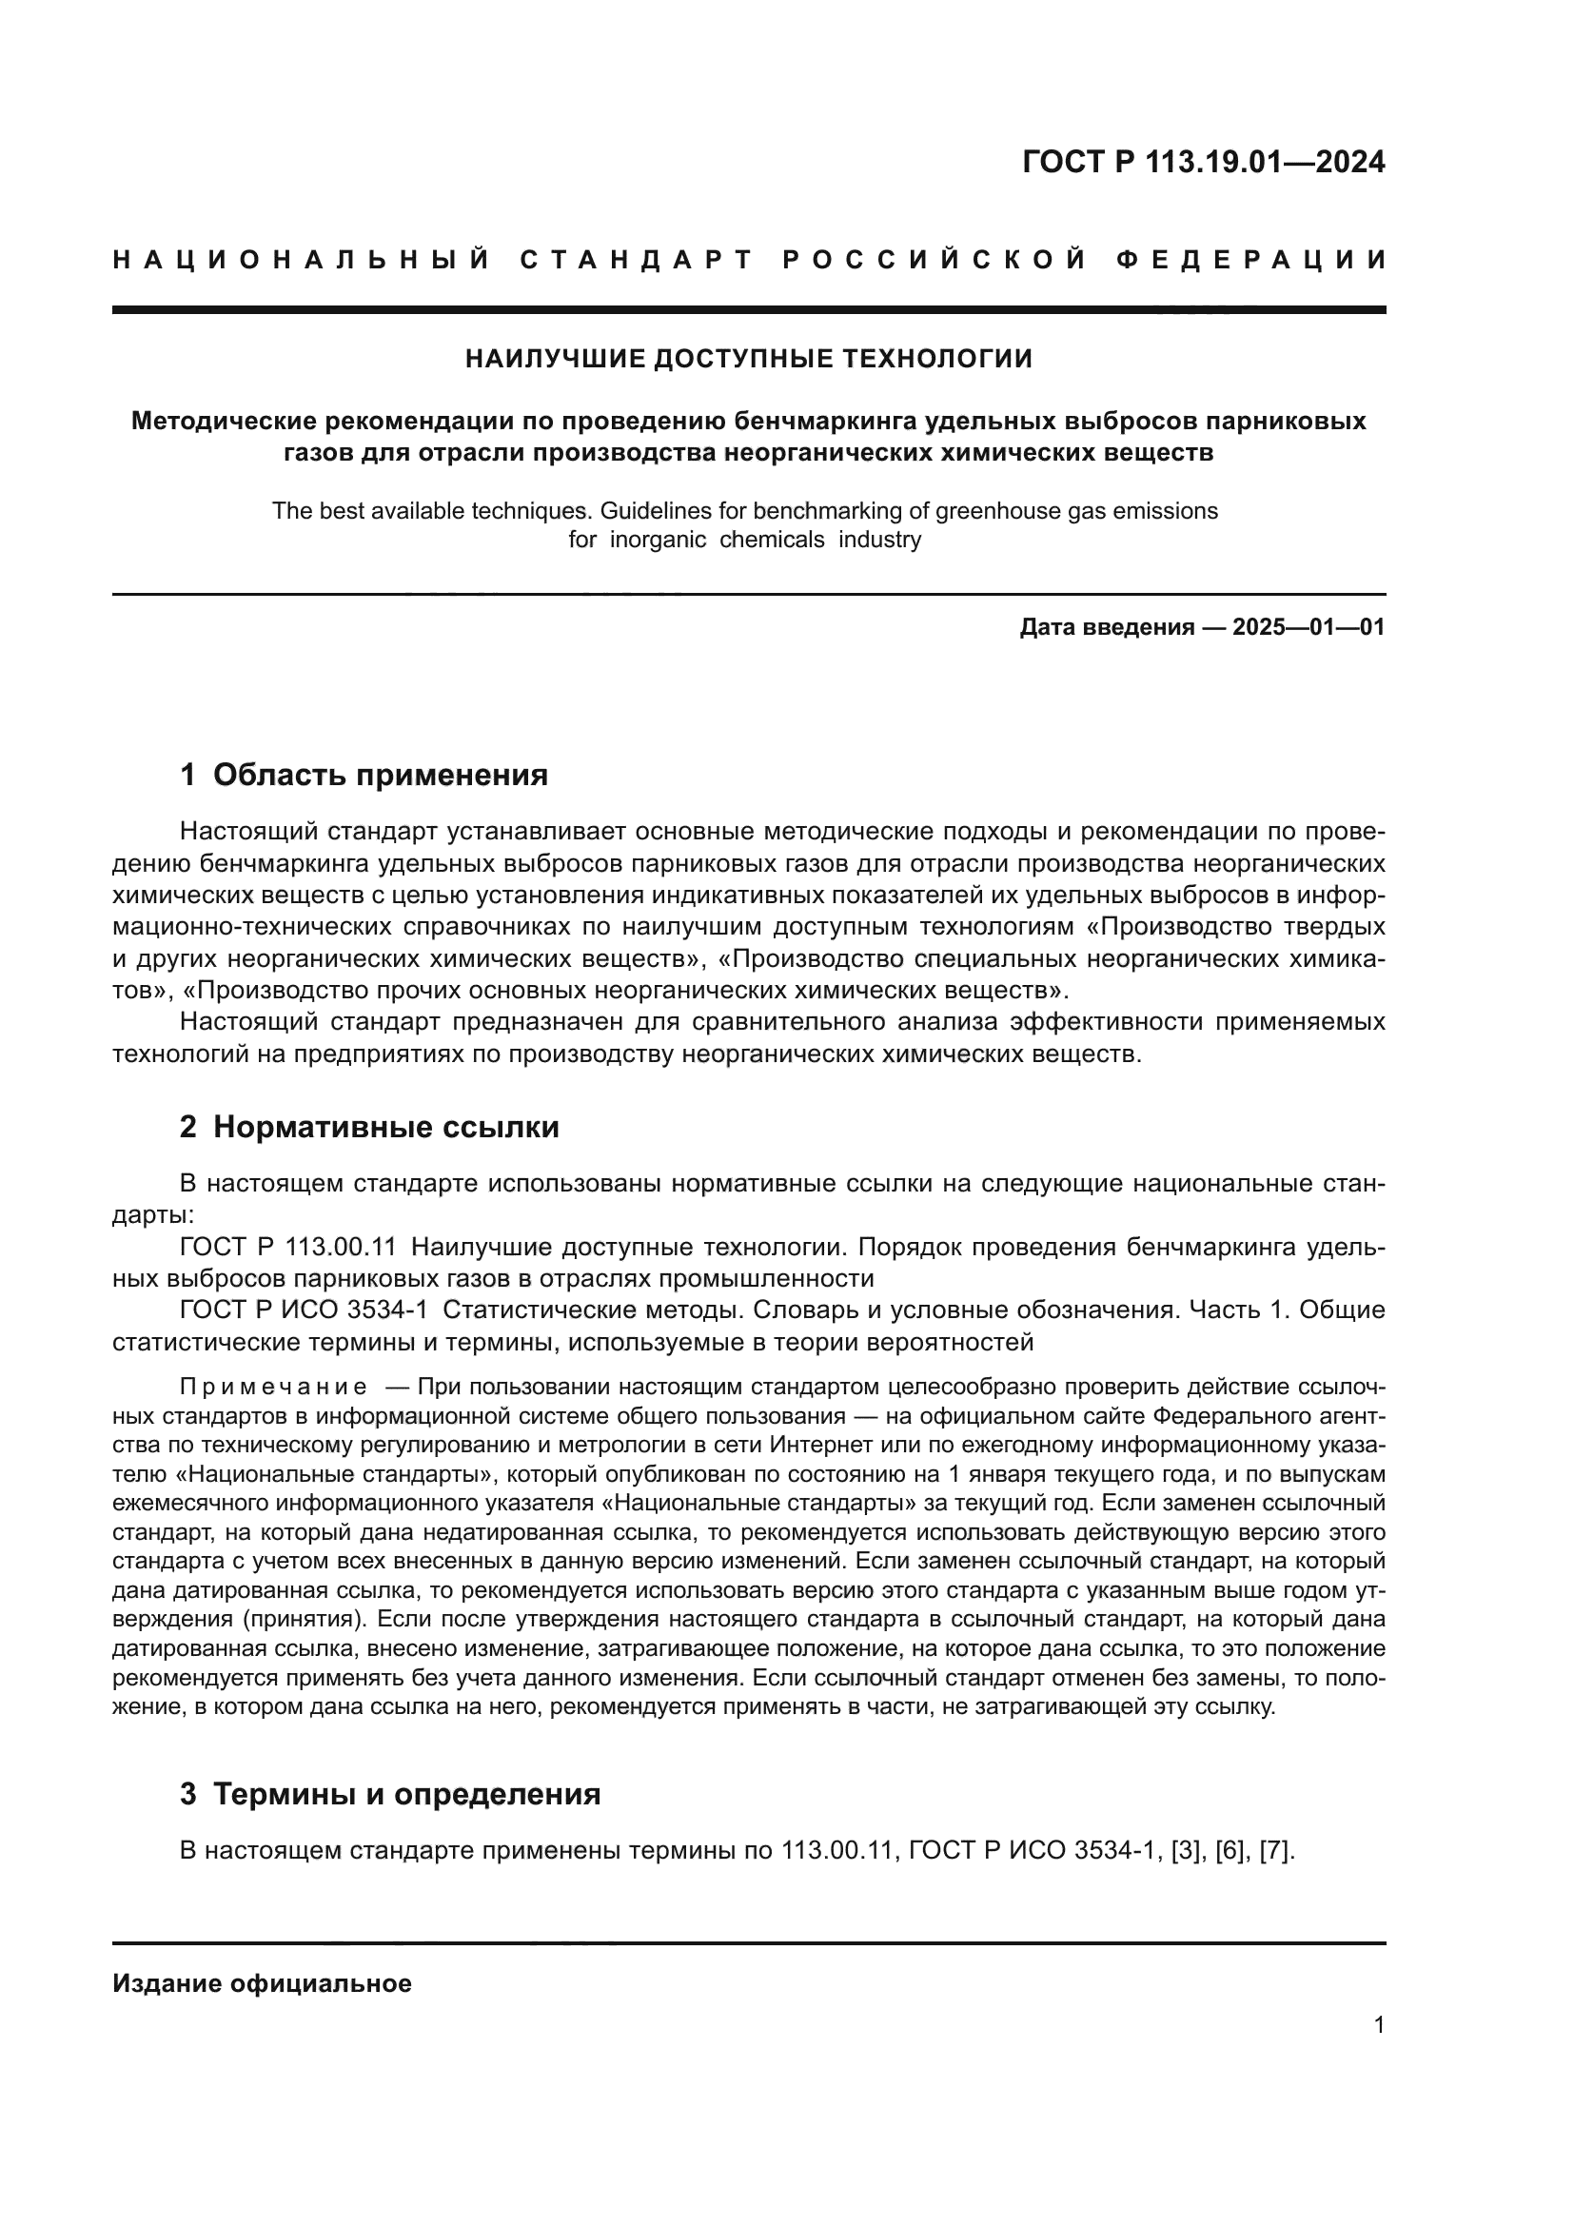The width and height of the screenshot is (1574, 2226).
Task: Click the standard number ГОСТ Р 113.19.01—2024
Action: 1203,162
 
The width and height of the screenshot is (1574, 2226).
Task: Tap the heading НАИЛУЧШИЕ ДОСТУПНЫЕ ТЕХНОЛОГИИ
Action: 748,359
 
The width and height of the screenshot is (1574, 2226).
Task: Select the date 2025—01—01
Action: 1308,627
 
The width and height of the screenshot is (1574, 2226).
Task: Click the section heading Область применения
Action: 380,775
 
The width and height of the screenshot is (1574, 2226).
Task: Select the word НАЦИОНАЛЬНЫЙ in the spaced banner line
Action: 302,260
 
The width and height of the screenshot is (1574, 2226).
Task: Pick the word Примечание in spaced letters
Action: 273,1389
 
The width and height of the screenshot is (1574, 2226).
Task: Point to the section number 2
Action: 188,1127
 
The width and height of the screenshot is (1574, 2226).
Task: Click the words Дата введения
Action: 1106,627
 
